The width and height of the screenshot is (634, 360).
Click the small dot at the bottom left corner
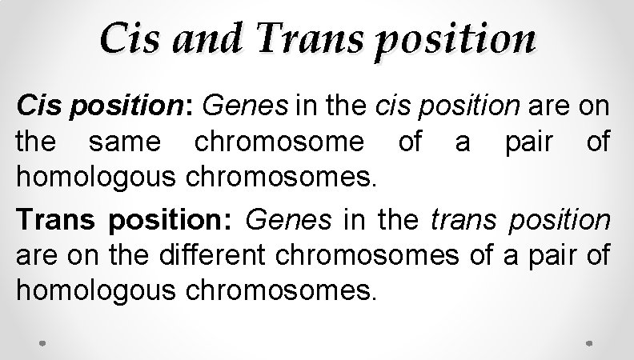(43, 342)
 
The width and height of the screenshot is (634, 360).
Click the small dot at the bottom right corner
(589, 342)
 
